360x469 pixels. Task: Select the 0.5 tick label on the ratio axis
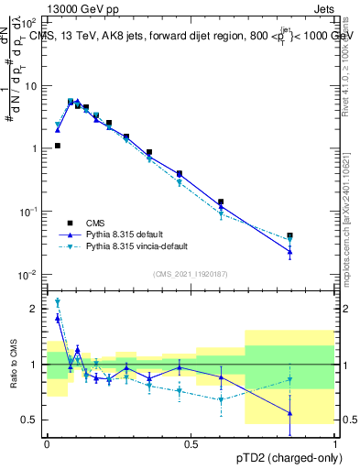[x=29, y=420]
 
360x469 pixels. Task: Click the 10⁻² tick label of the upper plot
[x=27, y=274]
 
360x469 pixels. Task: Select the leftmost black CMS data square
[x=58, y=146]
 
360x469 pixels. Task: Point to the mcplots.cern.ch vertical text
[x=345, y=229]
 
